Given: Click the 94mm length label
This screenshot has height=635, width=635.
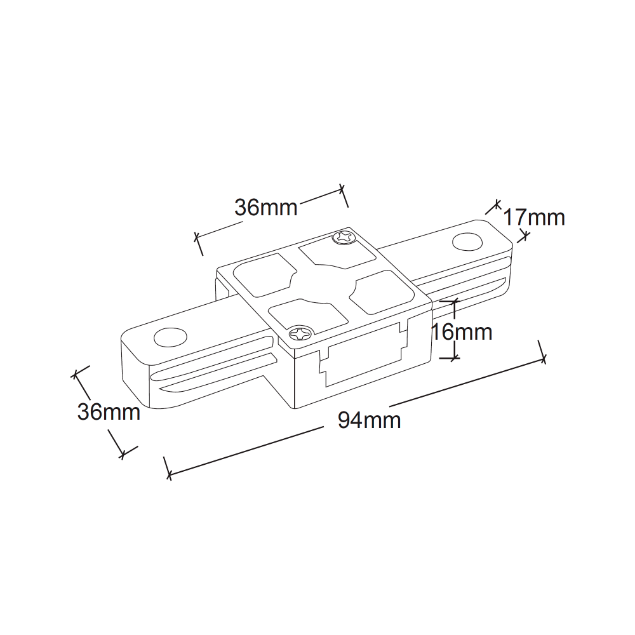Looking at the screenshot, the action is pos(370,420).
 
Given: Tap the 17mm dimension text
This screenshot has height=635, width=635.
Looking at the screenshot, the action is pos(534,217).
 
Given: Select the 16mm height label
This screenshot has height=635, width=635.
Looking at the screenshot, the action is pos(462,333).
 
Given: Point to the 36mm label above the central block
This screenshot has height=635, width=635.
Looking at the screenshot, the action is pos(266,208).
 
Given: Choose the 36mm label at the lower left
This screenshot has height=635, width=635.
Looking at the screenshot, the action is pos(109,412).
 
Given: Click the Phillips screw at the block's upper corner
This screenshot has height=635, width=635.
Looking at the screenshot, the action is pos(344,237).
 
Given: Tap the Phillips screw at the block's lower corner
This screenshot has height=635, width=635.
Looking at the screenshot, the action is pos(300,333).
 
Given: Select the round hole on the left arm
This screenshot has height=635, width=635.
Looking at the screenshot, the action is pos(170,337).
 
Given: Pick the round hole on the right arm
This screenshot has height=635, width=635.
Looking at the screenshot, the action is pos(468,241).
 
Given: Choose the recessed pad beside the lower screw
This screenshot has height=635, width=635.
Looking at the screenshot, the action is pos(309,314).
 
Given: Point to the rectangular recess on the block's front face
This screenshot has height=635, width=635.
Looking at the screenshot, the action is pos(364,354).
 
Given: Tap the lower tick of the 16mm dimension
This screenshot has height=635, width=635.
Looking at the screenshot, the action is pos(450,358).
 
